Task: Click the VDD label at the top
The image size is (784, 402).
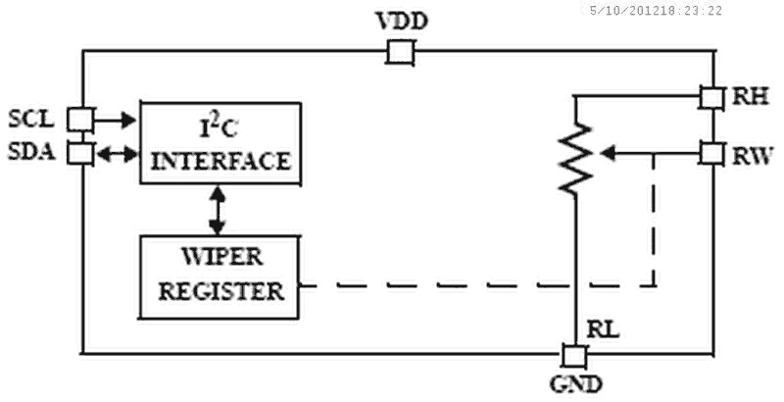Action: click(x=400, y=22)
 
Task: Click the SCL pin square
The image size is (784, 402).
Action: click(x=79, y=120)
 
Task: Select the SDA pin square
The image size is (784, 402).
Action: click(x=79, y=153)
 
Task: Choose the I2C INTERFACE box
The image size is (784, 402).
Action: click(x=217, y=141)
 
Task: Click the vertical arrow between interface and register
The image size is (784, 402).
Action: click(x=218, y=209)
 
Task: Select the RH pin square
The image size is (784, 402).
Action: click(x=712, y=96)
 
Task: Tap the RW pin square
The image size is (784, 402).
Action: click(x=712, y=153)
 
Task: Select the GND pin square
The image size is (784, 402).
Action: click(x=573, y=354)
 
